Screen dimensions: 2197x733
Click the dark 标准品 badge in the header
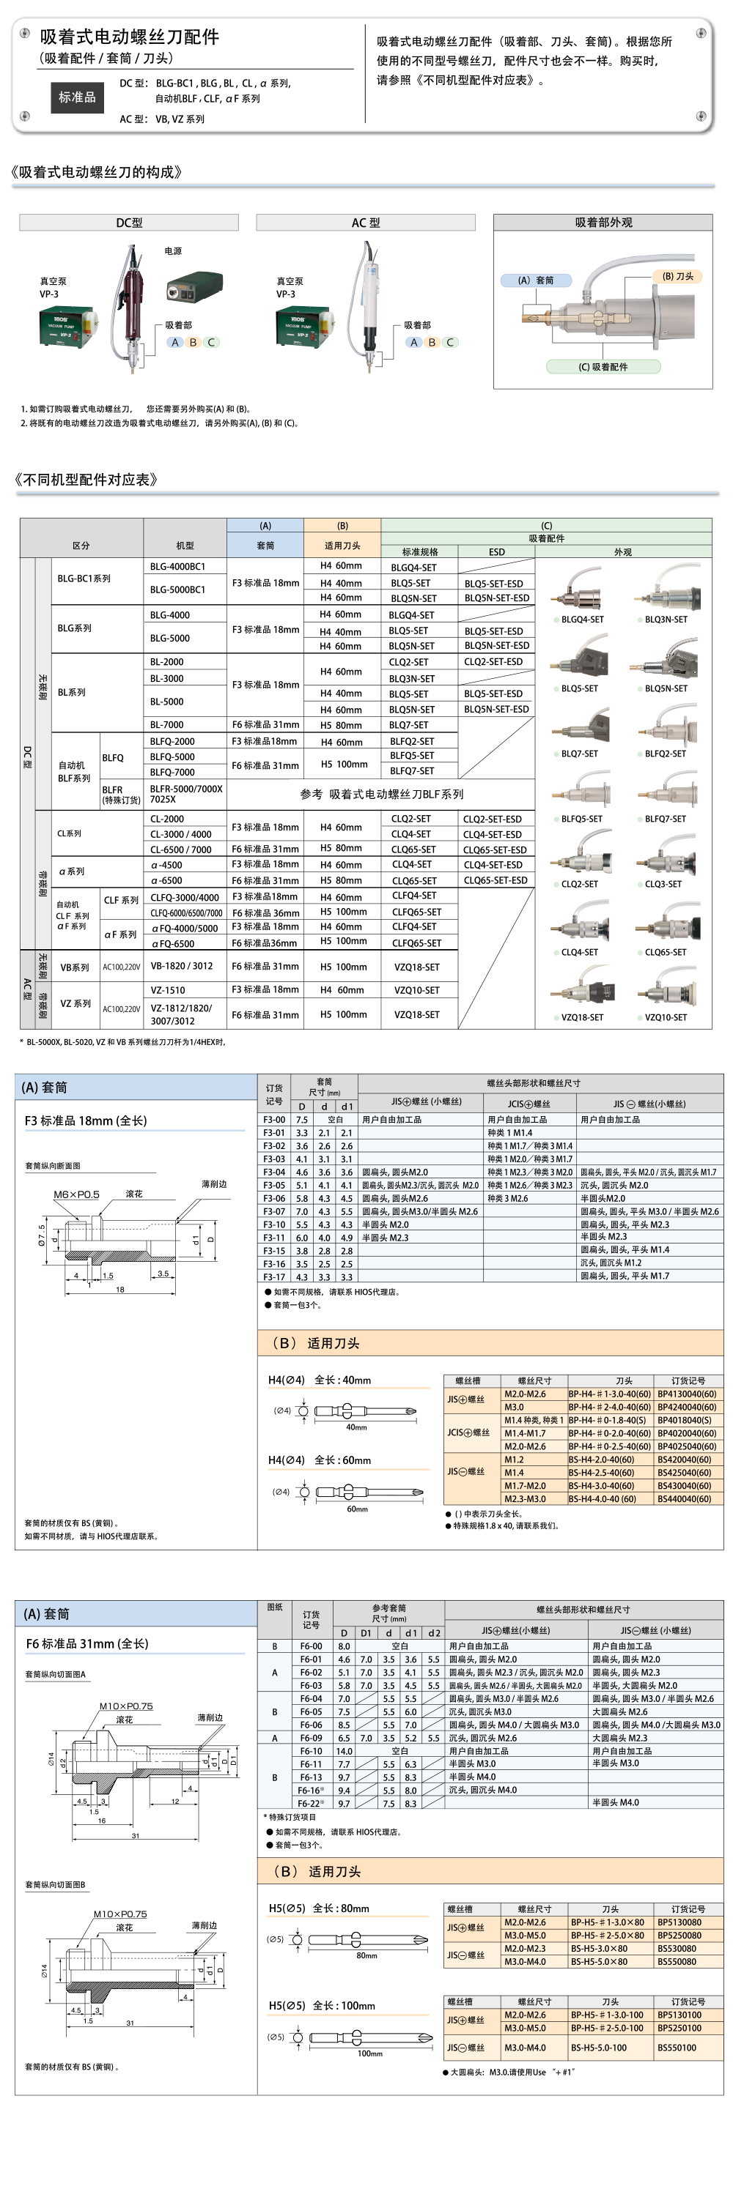pos(77,97)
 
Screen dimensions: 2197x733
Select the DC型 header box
pos(129,223)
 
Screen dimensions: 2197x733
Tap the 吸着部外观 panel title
pos(603,223)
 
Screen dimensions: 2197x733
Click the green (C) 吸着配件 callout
pos(603,367)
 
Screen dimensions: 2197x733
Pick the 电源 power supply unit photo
pos(194,287)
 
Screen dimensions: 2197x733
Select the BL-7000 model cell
pos(166,725)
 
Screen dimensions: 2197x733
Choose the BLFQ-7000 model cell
pos(172,772)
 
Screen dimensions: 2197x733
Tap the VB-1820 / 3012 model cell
pos(182,965)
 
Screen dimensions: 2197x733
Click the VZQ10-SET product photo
pos(666,995)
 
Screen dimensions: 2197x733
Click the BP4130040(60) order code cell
pos(686,1394)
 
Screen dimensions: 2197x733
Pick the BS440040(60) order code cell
pos(686,1498)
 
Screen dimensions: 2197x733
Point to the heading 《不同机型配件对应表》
pos(86,480)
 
